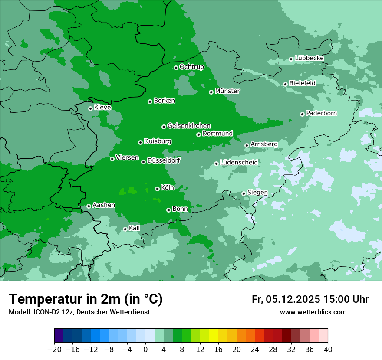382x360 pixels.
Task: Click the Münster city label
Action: click(227, 91)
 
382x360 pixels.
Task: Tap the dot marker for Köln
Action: click(157, 189)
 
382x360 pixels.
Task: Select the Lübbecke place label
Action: click(309, 58)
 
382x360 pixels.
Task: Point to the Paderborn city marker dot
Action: click(302, 114)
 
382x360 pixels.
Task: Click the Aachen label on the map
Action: click(104, 205)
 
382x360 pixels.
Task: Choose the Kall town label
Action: click(135, 228)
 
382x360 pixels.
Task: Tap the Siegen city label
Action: click(257, 193)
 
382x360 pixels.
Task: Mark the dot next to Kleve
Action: click(90, 108)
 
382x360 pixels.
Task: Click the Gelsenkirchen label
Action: click(189, 126)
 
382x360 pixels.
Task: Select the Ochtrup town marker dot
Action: click(176, 68)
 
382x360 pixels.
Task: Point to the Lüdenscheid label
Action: click(239, 163)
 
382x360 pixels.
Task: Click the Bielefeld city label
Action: click(302, 83)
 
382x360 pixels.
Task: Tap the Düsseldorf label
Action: click(163, 160)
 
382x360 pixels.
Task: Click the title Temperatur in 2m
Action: click(86, 299)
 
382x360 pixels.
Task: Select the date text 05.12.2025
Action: click(293, 299)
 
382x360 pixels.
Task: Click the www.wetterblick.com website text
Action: click(313, 312)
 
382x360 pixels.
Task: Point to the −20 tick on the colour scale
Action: click(54, 350)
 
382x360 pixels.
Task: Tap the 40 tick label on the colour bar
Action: click(328, 350)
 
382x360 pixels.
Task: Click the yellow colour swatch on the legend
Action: click(214, 336)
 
